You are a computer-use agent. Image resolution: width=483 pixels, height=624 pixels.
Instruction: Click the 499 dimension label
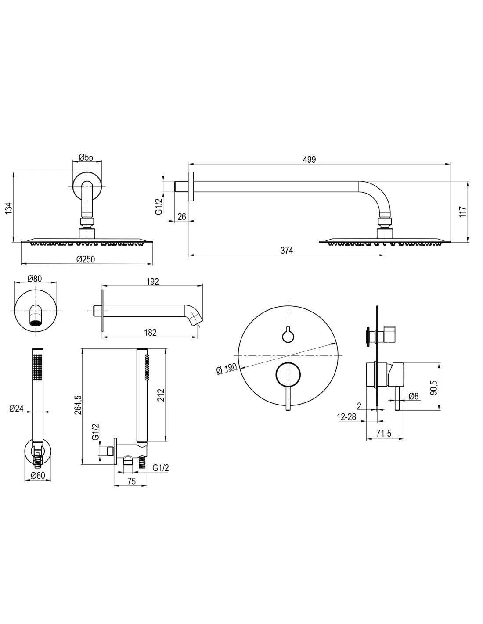point(309,160)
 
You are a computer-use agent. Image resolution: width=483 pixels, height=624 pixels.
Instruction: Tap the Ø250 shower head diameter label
point(85,259)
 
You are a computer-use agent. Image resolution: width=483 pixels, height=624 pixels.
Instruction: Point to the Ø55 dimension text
point(86,158)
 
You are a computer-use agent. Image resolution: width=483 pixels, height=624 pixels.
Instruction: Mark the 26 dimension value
point(182,216)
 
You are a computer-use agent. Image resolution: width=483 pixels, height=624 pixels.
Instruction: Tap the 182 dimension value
point(150,333)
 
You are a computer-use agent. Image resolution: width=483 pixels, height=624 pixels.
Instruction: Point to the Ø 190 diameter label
point(227,368)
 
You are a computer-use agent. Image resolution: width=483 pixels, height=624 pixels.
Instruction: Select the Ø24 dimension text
point(17,408)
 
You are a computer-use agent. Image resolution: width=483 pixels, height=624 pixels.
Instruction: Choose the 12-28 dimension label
point(346,417)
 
